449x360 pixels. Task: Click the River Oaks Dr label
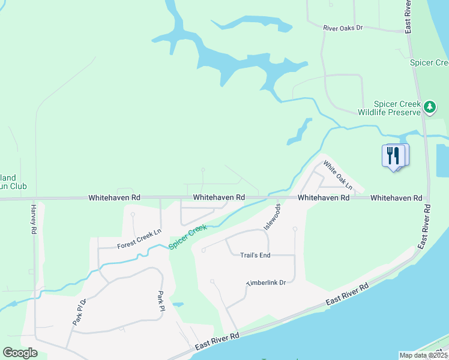click(x=343, y=28)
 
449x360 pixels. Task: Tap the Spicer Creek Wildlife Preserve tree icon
click(x=429, y=107)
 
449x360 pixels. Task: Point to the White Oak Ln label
click(x=337, y=178)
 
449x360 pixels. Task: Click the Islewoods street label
click(x=272, y=217)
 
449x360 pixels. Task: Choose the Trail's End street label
click(x=255, y=255)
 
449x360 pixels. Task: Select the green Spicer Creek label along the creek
click(x=188, y=237)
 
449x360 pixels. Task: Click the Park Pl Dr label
click(x=80, y=312)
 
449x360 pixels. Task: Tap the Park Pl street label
click(x=161, y=301)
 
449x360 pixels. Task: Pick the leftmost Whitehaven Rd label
click(x=114, y=197)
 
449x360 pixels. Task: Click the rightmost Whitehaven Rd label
click(x=396, y=197)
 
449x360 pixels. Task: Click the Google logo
click(x=20, y=353)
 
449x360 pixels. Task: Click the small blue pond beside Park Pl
click(x=178, y=304)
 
